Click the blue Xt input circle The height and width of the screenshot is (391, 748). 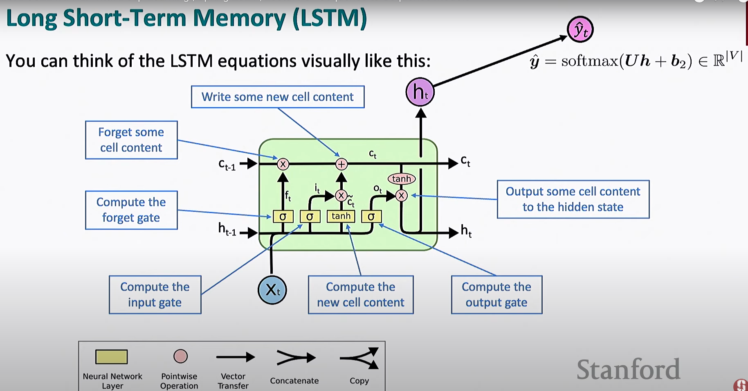pyautogui.click(x=272, y=290)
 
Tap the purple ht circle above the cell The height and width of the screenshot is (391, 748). pyautogui.click(x=420, y=92)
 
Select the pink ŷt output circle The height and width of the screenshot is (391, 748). pyautogui.click(x=580, y=29)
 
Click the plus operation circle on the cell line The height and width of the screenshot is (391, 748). pyautogui.click(x=341, y=164)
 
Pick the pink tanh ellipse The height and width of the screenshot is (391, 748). pyautogui.click(x=401, y=179)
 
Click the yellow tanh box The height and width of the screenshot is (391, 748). pyautogui.click(x=341, y=216)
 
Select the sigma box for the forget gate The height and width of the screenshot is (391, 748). pyautogui.click(x=283, y=216)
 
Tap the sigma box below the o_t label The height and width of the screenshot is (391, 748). pyautogui.click(x=371, y=216)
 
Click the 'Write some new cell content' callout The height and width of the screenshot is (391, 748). pyautogui.click(x=278, y=97)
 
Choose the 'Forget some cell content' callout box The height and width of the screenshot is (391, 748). pyautogui.click(x=131, y=140)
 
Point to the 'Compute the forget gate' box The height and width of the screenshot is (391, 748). pyautogui.click(x=131, y=210)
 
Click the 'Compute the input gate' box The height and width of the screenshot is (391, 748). pyautogui.click(x=155, y=295)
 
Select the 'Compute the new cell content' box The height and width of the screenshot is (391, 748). pyautogui.click(x=361, y=295)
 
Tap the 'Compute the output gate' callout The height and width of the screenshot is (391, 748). pyautogui.click(x=496, y=295)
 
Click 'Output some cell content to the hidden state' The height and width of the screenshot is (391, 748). pyautogui.click(x=573, y=199)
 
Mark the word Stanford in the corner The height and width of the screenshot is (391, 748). pyautogui.click(x=628, y=369)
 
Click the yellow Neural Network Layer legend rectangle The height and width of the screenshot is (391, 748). pyautogui.click(x=112, y=357)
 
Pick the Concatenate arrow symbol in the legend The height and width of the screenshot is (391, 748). pyautogui.click(x=296, y=358)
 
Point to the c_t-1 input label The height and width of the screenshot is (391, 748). pyautogui.click(x=227, y=165)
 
